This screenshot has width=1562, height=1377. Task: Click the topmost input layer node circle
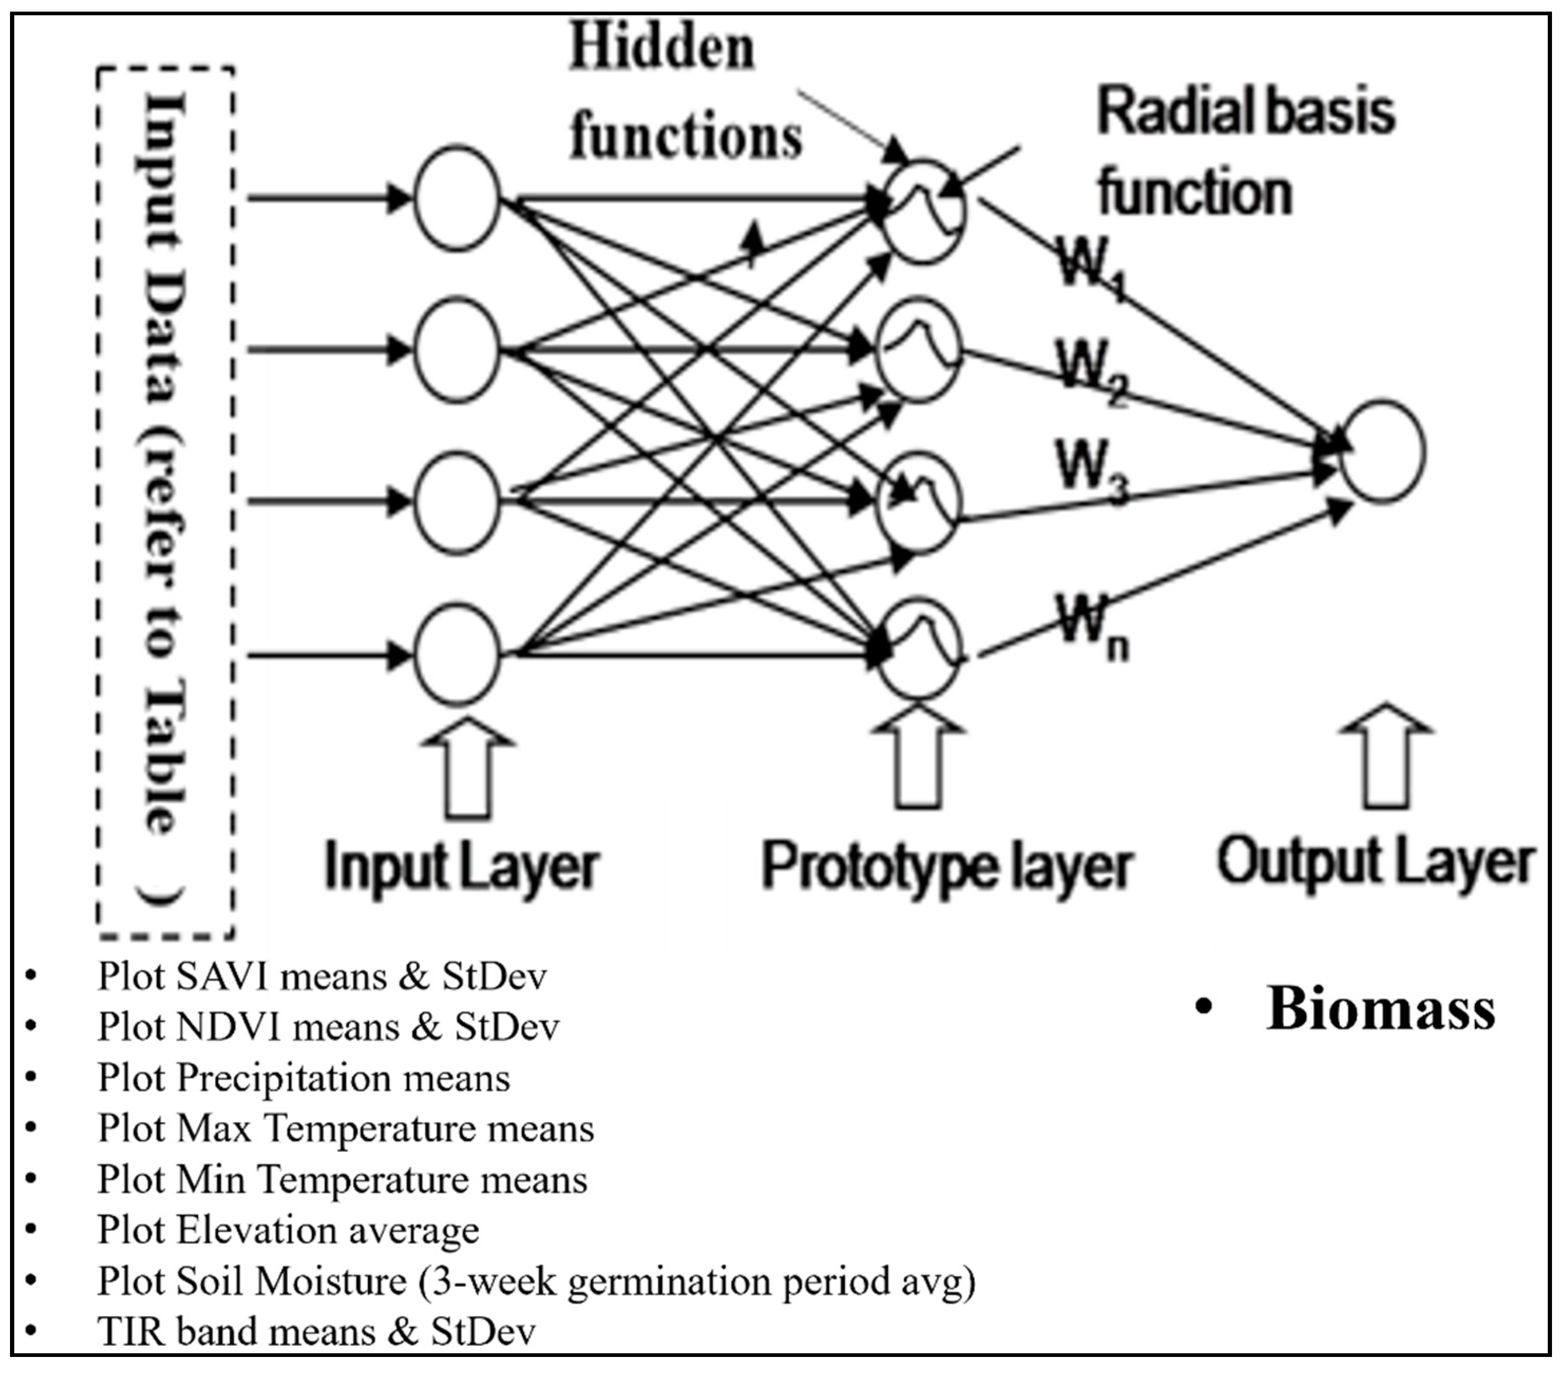click(457, 198)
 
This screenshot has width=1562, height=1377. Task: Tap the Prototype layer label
click(946, 868)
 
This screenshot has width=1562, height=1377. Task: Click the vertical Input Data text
click(164, 458)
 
